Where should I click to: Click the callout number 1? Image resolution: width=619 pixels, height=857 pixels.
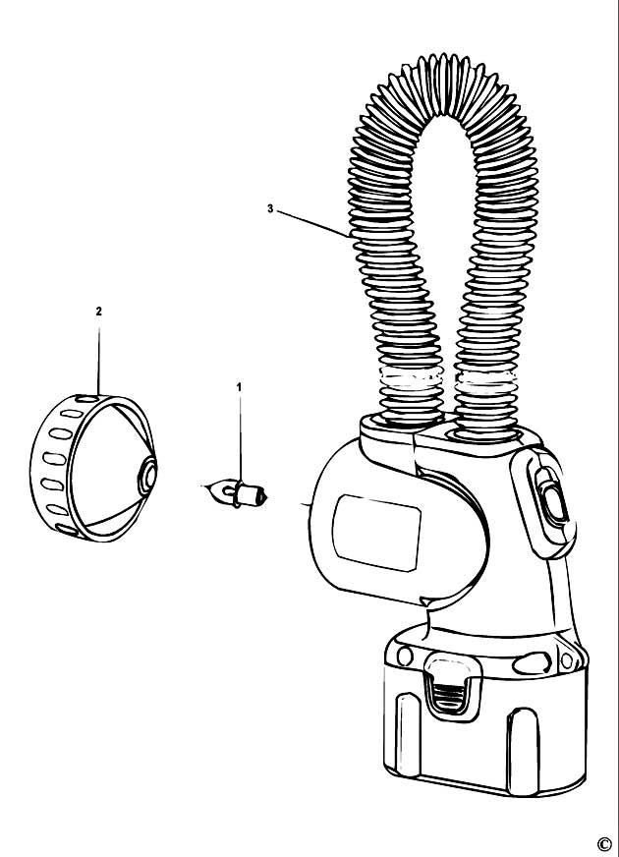coord(239,387)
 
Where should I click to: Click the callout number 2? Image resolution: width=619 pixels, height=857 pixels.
coord(98,312)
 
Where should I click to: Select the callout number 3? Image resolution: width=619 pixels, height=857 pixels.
coord(270,208)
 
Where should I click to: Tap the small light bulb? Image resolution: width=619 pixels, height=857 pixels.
coord(235,493)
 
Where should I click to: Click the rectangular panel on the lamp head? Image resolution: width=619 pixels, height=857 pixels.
coord(376,533)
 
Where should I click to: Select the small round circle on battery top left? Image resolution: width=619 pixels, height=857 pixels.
coord(405,655)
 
